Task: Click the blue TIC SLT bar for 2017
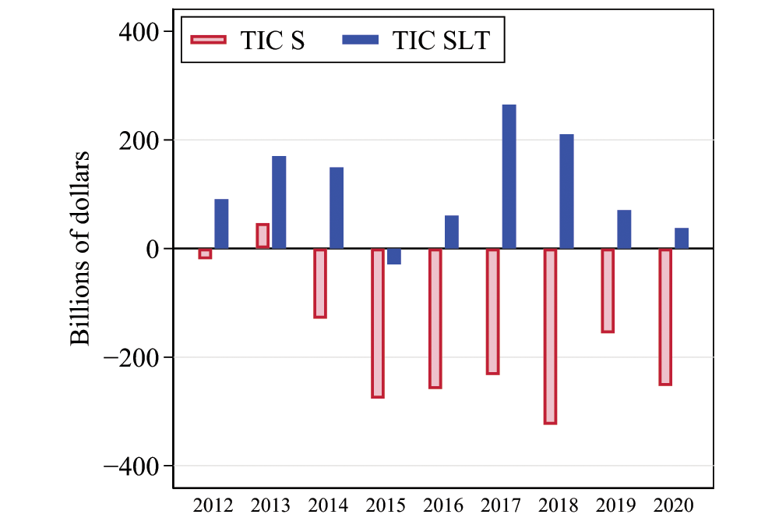click(x=509, y=176)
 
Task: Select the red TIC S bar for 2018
click(x=550, y=336)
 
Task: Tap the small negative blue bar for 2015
click(x=394, y=257)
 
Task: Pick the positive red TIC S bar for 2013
click(x=263, y=236)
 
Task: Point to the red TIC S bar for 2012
click(x=205, y=254)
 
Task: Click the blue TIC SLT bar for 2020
click(x=682, y=239)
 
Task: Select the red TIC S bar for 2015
click(x=378, y=323)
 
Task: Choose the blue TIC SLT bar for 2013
click(x=279, y=202)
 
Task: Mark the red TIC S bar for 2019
click(x=608, y=290)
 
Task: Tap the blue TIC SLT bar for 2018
click(x=566, y=191)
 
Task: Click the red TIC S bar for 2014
click(x=320, y=283)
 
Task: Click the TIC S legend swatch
click(x=208, y=41)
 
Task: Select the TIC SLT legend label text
click(x=441, y=41)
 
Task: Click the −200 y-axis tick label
click(x=134, y=357)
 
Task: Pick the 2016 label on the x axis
click(x=443, y=505)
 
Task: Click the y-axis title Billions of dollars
click(x=82, y=248)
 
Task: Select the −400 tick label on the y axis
click(x=134, y=466)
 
